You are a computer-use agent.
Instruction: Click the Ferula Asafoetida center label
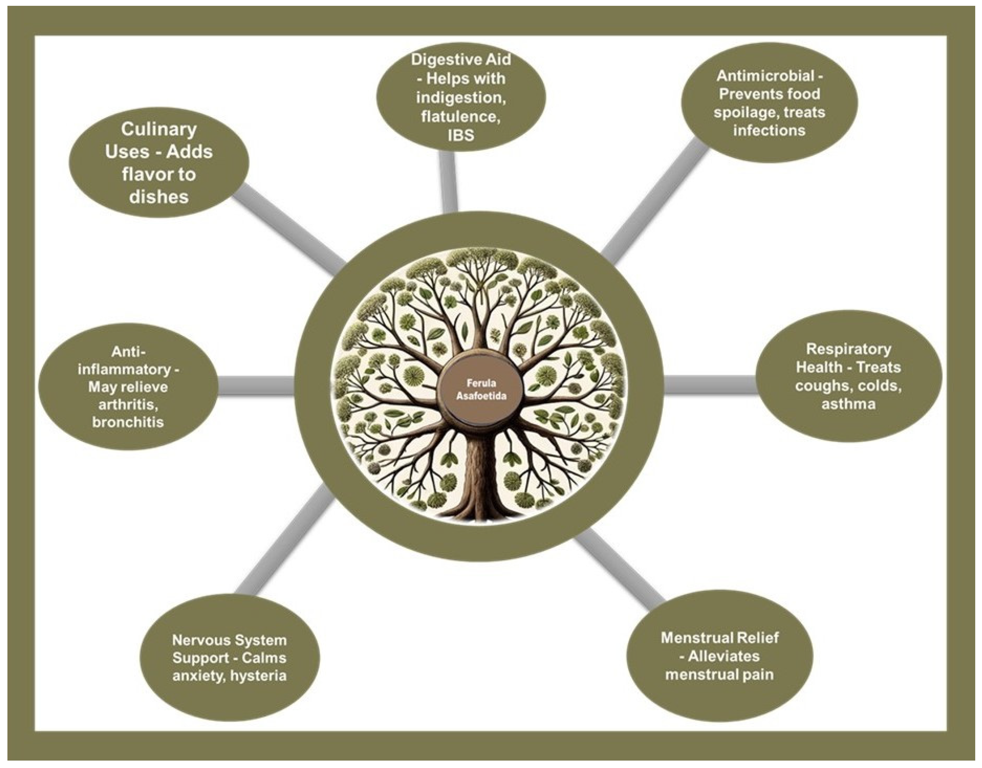481,389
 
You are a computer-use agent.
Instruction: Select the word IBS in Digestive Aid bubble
460,135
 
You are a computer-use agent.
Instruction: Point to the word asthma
848,404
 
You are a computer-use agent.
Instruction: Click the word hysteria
258,675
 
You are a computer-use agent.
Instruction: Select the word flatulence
460,117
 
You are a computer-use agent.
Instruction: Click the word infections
769,130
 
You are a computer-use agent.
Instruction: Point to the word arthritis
128,404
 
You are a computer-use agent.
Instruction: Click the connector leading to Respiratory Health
711,385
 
